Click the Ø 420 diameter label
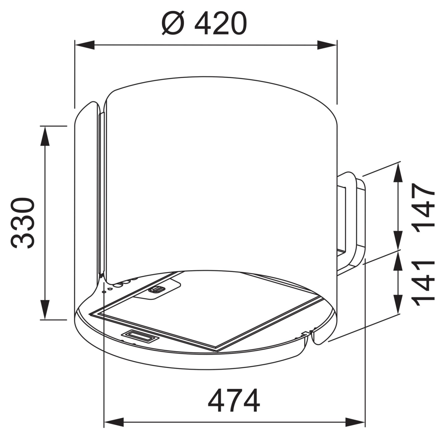(x=204, y=23)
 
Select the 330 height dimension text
(x=23, y=223)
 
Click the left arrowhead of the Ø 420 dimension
(x=85, y=45)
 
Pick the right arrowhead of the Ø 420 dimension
(x=327, y=45)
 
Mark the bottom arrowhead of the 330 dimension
(x=45, y=310)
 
